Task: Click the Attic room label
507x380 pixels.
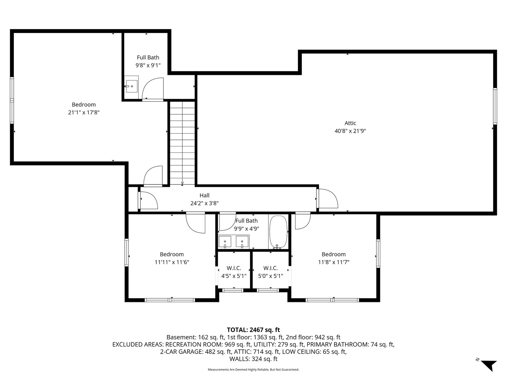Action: click(350, 123)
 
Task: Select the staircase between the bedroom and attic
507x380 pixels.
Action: click(182, 142)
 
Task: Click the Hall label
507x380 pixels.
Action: click(204, 196)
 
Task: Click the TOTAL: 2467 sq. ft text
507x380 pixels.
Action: click(253, 330)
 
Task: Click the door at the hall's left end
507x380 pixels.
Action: click(149, 200)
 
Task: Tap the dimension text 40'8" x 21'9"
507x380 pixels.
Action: click(350, 131)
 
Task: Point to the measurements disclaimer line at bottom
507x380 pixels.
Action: click(253, 369)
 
